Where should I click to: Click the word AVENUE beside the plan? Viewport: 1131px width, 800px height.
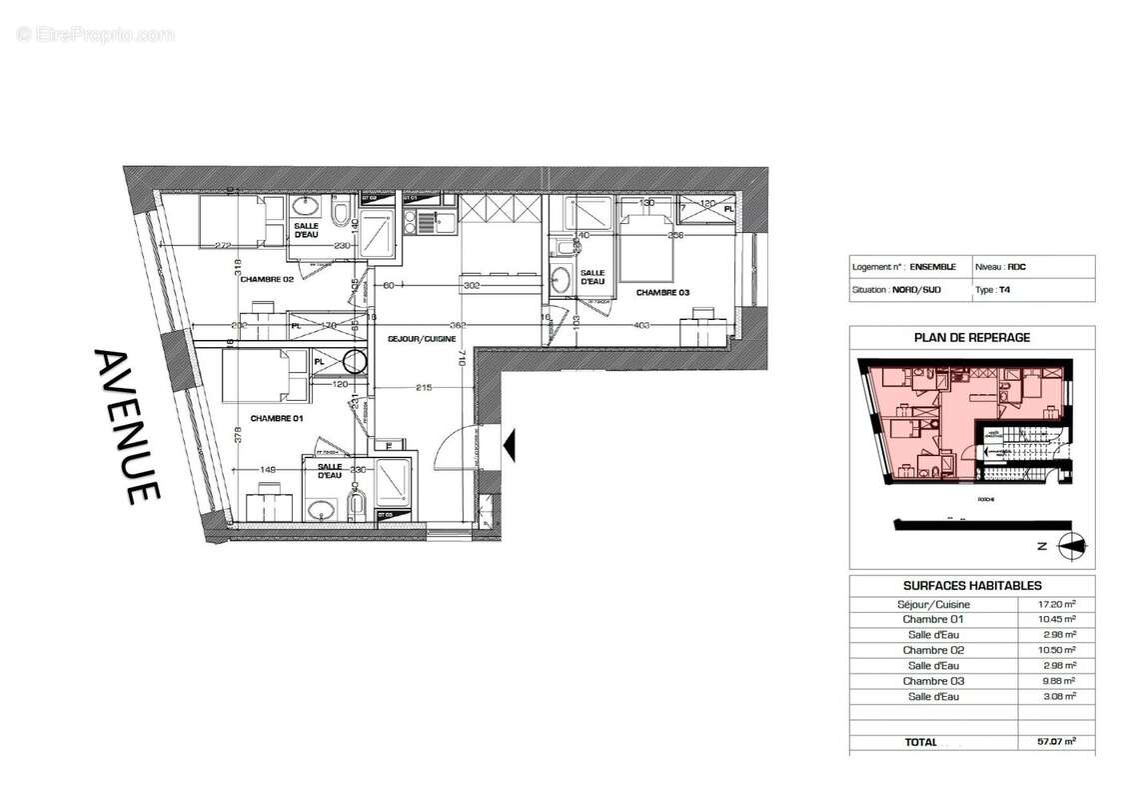tap(127, 426)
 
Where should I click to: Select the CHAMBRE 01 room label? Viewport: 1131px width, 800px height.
tap(277, 418)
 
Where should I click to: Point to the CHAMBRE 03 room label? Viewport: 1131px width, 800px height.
tap(662, 293)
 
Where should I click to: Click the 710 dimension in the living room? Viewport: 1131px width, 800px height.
tap(462, 358)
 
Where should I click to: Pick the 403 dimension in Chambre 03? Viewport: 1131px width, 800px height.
tap(642, 325)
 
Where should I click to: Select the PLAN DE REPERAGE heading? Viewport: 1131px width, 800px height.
tap(971, 338)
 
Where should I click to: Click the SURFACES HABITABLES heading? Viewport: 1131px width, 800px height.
tap(971, 586)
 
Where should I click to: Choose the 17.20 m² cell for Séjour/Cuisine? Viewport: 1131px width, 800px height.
tap(1056, 604)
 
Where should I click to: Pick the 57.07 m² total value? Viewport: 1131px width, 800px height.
tap(1056, 742)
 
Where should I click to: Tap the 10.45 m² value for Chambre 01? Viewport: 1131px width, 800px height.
tap(1056, 619)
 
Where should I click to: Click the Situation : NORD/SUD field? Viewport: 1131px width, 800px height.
tap(898, 290)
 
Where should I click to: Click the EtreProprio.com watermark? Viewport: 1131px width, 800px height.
tap(96, 34)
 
